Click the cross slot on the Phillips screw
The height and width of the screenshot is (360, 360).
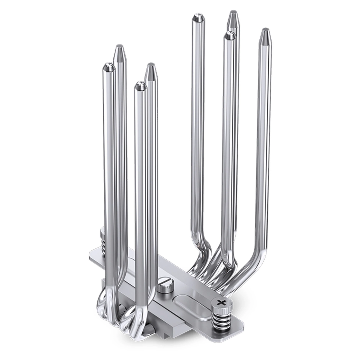click(220, 302)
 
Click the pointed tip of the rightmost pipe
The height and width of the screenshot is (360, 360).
click(266, 34)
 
